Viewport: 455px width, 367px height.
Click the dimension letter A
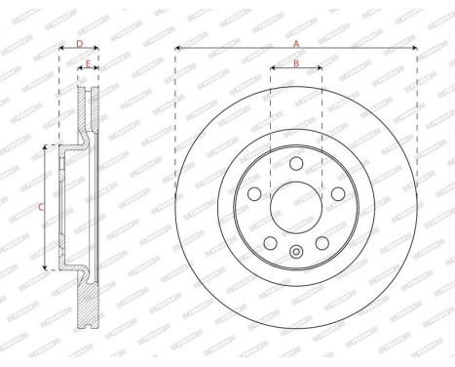pyautogui.click(x=296, y=42)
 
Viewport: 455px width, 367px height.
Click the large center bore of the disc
pyautogui.click(x=296, y=206)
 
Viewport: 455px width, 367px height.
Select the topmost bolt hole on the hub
pyautogui.click(x=296, y=162)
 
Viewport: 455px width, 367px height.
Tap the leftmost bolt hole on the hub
pyautogui.click(x=254, y=193)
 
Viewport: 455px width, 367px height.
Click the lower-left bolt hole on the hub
pyautogui.click(x=271, y=242)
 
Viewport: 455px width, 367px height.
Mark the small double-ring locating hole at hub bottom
pyautogui.click(x=296, y=257)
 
